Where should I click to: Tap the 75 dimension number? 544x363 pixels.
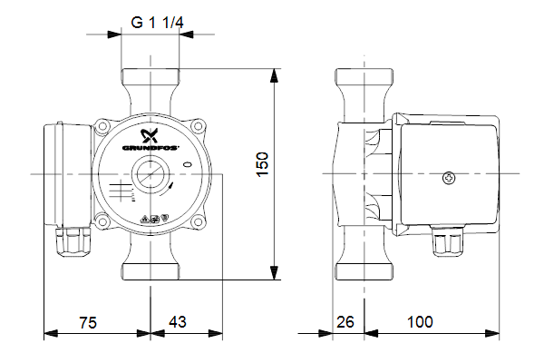coord(88,322)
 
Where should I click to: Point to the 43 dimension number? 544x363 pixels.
coord(178,322)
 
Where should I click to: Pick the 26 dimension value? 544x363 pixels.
coord(345,322)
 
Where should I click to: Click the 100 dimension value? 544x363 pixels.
coord(420,322)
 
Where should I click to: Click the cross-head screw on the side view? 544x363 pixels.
coord(448,179)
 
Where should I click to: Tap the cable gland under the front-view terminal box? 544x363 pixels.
coord(73,240)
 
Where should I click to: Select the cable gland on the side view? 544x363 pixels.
coord(443,240)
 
